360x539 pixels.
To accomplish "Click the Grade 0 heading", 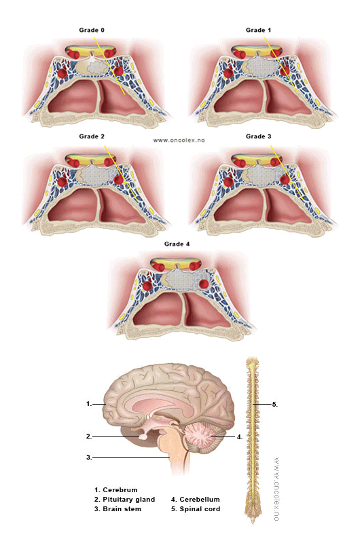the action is (92, 31).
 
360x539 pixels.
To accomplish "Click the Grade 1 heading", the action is (258, 31).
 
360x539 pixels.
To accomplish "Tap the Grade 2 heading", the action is (92, 136).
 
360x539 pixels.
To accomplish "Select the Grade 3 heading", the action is (258, 136).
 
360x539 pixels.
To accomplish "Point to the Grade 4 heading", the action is (177, 244).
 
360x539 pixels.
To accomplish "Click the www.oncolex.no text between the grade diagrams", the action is (179, 141).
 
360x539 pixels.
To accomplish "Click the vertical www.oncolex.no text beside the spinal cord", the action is (276, 489).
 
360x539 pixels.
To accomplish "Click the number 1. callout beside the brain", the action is (89, 404).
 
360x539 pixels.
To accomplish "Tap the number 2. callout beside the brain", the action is (89, 436).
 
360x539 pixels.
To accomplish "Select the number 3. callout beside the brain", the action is (89, 457).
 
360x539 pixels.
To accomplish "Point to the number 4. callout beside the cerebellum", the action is (240, 437).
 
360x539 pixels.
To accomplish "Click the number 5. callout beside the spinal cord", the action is (274, 405).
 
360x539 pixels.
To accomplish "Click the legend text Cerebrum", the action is (120, 490).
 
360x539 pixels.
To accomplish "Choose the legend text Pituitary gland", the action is (129, 500).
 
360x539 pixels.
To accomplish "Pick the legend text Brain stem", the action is (122, 509).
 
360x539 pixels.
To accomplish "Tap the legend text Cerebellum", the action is (200, 500).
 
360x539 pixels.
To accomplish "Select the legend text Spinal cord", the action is (200, 509).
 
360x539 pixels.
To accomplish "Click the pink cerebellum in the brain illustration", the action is (200, 437).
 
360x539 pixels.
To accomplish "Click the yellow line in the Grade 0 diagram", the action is (109, 67).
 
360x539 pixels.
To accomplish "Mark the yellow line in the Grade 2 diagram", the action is (122, 174).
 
